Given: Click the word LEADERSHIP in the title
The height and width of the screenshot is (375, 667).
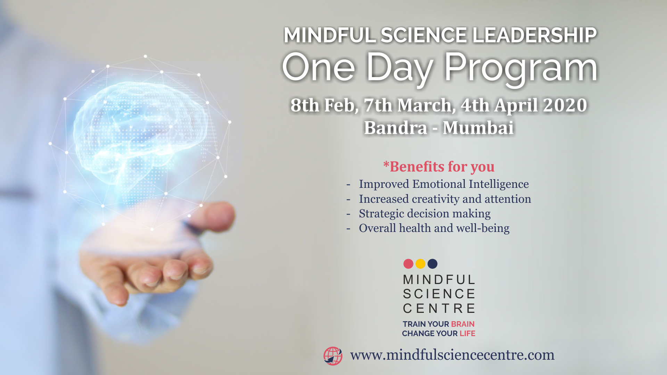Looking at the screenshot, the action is point(534,35).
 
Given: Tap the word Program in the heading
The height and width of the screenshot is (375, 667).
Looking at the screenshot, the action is point(521,68).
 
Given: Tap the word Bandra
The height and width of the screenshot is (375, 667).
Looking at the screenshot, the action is point(396,127).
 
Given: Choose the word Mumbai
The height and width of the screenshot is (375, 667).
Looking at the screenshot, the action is point(478,127).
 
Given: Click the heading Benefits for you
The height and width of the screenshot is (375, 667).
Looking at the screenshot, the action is point(439,167).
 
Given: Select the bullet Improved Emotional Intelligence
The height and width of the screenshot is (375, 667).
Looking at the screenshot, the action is point(444,184).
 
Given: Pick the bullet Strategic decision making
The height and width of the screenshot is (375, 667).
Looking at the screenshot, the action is point(425,214).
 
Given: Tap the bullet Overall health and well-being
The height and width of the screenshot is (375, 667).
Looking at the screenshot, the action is point(434,228).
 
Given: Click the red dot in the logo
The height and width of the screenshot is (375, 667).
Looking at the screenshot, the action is point(408,264).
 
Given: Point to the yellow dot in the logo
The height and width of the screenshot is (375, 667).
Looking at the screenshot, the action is point(420,264).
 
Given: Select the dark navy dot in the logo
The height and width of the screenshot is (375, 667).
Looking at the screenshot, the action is point(433,264).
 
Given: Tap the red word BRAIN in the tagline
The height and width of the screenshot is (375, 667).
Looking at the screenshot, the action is point(463,324).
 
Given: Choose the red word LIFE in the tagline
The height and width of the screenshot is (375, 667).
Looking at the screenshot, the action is point(467,333).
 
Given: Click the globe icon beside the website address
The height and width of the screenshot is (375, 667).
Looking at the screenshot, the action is point(333,356).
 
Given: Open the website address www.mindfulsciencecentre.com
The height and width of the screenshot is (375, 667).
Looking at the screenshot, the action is point(452,355).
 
